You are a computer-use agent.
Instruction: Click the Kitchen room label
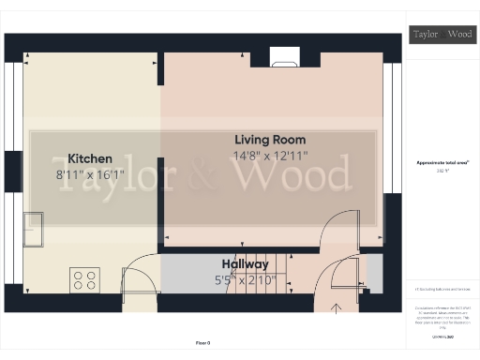[x=90, y=158]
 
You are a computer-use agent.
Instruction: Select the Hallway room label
[x=246, y=264]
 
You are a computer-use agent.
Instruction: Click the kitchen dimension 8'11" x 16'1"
[x=90, y=173]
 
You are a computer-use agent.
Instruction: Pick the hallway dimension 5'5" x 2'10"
[x=246, y=278]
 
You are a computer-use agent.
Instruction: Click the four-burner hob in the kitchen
[x=85, y=278]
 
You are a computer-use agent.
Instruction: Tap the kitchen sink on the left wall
[x=36, y=226]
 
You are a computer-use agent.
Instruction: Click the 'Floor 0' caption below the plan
[x=203, y=343]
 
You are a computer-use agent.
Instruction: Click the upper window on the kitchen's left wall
[x=14, y=103]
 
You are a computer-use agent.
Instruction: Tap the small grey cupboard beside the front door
[x=372, y=272]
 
